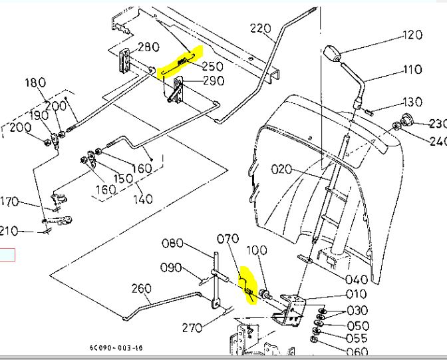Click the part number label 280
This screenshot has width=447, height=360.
coord(148,47)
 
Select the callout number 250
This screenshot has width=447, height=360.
coord(212,67)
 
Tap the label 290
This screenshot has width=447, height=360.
coord(213,81)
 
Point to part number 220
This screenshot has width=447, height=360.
coord(262,28)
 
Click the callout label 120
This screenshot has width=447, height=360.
coord(412,35)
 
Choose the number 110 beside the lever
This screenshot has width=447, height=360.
coord(412,69)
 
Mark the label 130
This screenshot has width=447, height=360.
coord(412,102)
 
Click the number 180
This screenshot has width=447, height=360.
coord(35,83)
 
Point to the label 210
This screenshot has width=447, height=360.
coord(9,231)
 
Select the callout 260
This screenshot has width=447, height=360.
coord(142,288)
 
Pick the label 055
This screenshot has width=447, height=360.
coord(357,338)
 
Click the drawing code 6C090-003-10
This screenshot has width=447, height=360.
coord(116,347)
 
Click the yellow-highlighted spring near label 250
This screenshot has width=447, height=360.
coord(180,63)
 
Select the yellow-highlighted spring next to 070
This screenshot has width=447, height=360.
coord(246,285)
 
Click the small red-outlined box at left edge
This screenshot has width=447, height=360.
coord(7,254)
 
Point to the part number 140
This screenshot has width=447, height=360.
coord(142,198)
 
